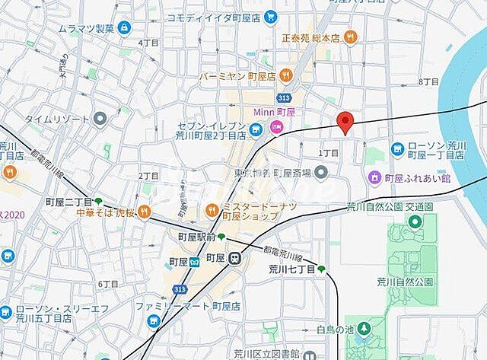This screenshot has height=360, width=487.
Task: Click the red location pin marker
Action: pyautogui.click(x=345, y=122)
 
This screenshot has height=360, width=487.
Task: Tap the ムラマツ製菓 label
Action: pyautogui.click(x=87, y=28)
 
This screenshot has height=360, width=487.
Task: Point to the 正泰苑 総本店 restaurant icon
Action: pyautogui.click(x=350, y=36)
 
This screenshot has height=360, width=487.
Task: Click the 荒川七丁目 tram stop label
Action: pyautogui.click(x=291, y=269)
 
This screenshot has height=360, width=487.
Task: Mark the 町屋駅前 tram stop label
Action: pyautogui.click(x=196, y=238)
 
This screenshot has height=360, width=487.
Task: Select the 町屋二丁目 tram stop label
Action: pyautogui.click(x=68, y=202)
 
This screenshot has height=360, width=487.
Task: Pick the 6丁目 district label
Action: pyautogui.click(x=107, y=283)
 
